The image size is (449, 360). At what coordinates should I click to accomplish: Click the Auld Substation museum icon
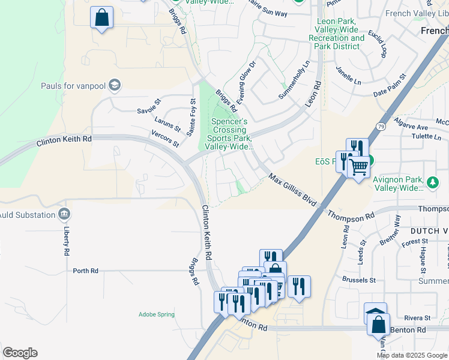64,214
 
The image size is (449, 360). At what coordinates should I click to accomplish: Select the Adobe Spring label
156,314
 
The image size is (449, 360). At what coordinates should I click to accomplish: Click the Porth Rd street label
85,271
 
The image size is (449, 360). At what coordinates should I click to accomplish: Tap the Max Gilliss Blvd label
292,191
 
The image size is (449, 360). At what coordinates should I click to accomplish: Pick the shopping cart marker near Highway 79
358,167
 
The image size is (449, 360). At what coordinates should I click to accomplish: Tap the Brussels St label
360,280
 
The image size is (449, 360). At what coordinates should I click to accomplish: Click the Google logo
20,353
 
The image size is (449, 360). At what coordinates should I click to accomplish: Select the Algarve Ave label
411,127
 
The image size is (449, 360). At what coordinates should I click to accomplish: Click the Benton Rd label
408,330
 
